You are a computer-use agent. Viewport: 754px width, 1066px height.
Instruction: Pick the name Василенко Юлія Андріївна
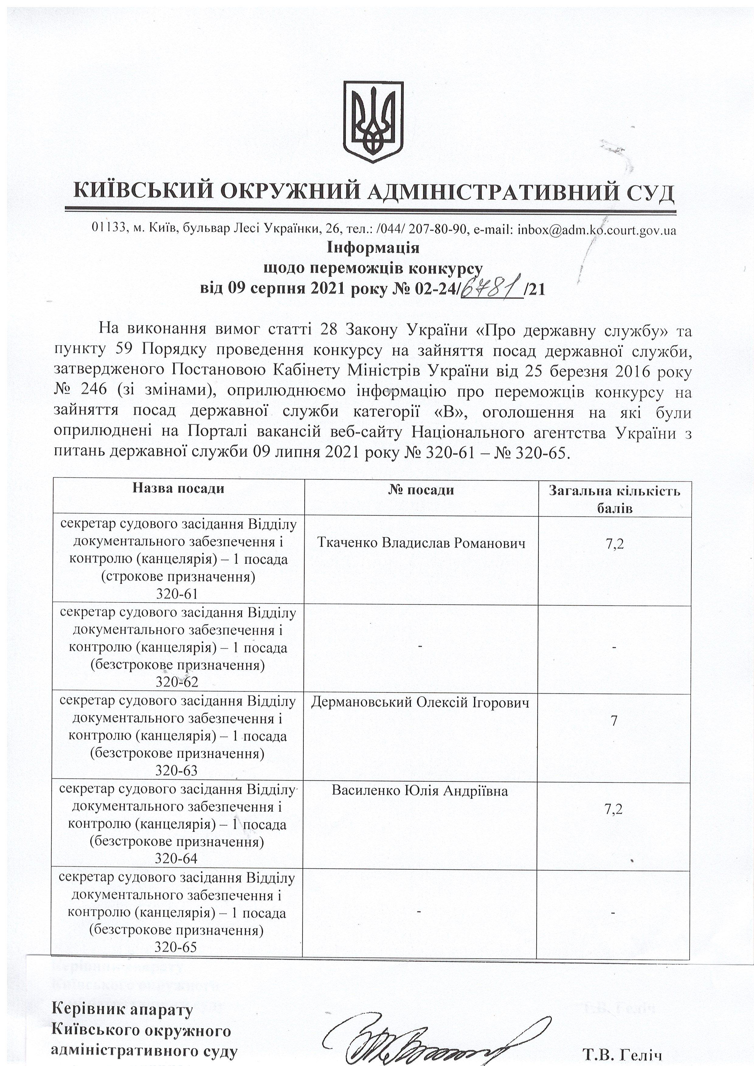click(420, 791)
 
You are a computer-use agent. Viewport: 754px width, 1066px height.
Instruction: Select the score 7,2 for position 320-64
click(614, 809)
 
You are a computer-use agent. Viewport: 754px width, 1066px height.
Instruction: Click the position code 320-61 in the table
click(178, 594)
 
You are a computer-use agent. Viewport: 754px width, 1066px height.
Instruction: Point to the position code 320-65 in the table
click(176, 947)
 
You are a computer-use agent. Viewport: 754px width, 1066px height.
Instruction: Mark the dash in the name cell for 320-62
click(420, 646)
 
